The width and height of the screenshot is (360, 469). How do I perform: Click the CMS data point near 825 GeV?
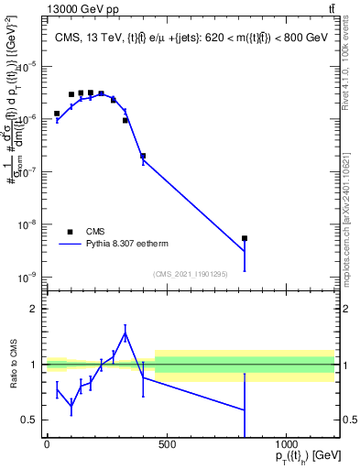coord(245,238)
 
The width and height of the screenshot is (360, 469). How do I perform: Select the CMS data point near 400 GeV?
coord(143,156)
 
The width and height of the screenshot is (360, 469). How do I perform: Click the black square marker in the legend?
coord(71,232)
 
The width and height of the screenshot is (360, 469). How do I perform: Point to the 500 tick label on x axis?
coord(166,443)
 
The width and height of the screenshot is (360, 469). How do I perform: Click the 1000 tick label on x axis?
coord(286,443)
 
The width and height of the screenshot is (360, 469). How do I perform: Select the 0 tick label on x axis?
coord(47,443)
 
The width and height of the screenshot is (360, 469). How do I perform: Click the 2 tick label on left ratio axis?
coord(31,310)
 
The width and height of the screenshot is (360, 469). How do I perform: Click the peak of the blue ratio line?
coord(125,333)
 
